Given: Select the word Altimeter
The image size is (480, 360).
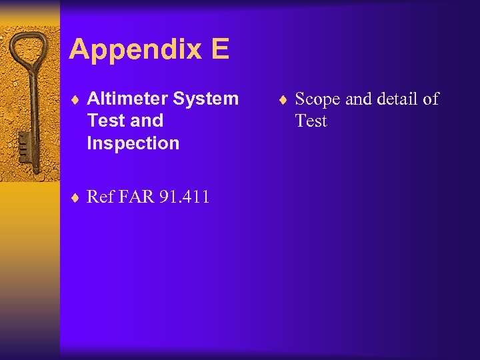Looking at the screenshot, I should (127, 99).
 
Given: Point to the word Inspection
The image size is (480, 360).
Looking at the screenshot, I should (133, 143).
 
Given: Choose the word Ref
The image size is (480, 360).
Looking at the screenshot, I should (100, 197).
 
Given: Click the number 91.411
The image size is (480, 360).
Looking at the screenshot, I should (185, 197).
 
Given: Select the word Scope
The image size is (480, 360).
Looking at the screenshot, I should (317, 99).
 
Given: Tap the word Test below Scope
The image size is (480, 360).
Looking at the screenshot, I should (311, 121).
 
